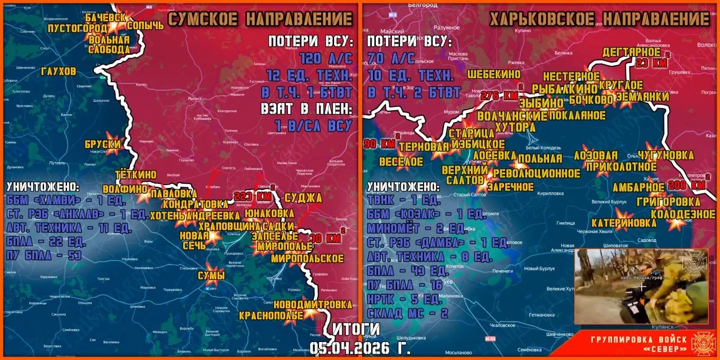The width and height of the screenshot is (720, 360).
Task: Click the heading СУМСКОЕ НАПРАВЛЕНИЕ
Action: [260, 19]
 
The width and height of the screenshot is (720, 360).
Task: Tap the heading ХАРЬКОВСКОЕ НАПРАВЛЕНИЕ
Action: [600, 19]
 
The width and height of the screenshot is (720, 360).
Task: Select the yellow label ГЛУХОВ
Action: [58, 71]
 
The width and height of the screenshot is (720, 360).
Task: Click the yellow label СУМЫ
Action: [211, 276]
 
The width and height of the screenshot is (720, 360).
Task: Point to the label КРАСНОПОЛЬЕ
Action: [271, 316]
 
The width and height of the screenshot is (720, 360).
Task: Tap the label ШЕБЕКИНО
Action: [494, 74]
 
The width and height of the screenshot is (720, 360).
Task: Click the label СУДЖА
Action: [303, 197]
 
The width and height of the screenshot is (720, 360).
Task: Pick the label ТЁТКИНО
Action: [136, 174]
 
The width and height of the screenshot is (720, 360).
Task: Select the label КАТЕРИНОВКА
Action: [624, 223]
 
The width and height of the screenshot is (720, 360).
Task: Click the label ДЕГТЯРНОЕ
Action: [631, 52]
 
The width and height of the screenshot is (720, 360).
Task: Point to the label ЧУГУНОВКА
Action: [665, 155]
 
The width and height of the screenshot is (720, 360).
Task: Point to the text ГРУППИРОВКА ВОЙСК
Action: [638, 339]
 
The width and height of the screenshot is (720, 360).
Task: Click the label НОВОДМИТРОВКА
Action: [321, 304]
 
